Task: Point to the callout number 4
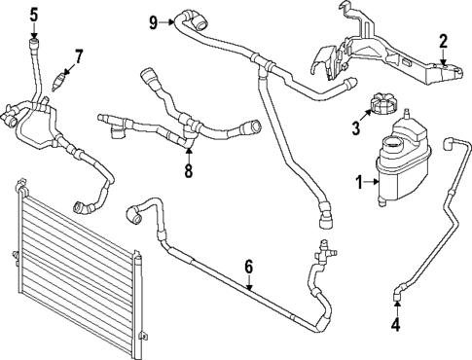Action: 396,325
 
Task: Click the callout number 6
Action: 249,265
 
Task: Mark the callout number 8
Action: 189,172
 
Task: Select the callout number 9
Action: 154,19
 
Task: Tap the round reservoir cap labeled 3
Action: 379,104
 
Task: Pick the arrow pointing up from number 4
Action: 396,308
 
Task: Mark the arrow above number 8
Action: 189,153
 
